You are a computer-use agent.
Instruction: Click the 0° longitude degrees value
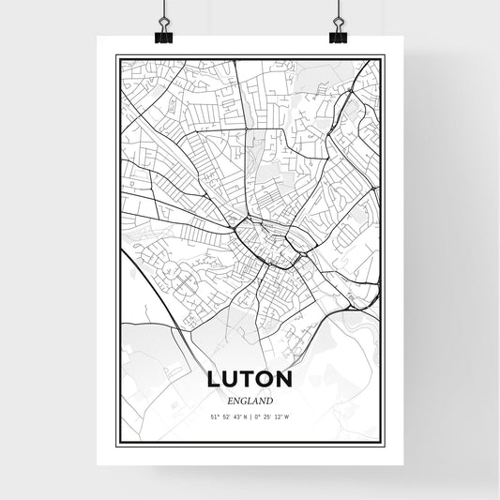[257, 416]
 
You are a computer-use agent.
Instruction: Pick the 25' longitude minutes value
[268, 416]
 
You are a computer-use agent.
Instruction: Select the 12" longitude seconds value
[281, 416]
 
